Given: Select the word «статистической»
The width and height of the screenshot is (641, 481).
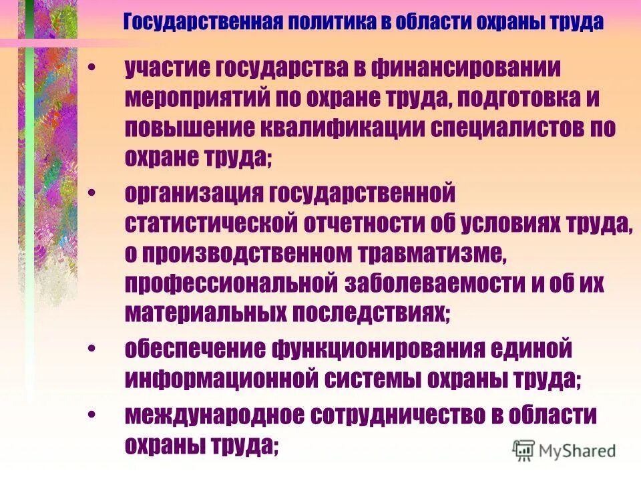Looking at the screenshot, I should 211,224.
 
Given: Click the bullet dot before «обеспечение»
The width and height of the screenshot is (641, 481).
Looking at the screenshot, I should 92,349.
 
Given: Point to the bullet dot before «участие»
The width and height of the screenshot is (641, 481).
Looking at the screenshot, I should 92,68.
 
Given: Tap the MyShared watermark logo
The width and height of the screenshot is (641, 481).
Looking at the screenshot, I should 565,450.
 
